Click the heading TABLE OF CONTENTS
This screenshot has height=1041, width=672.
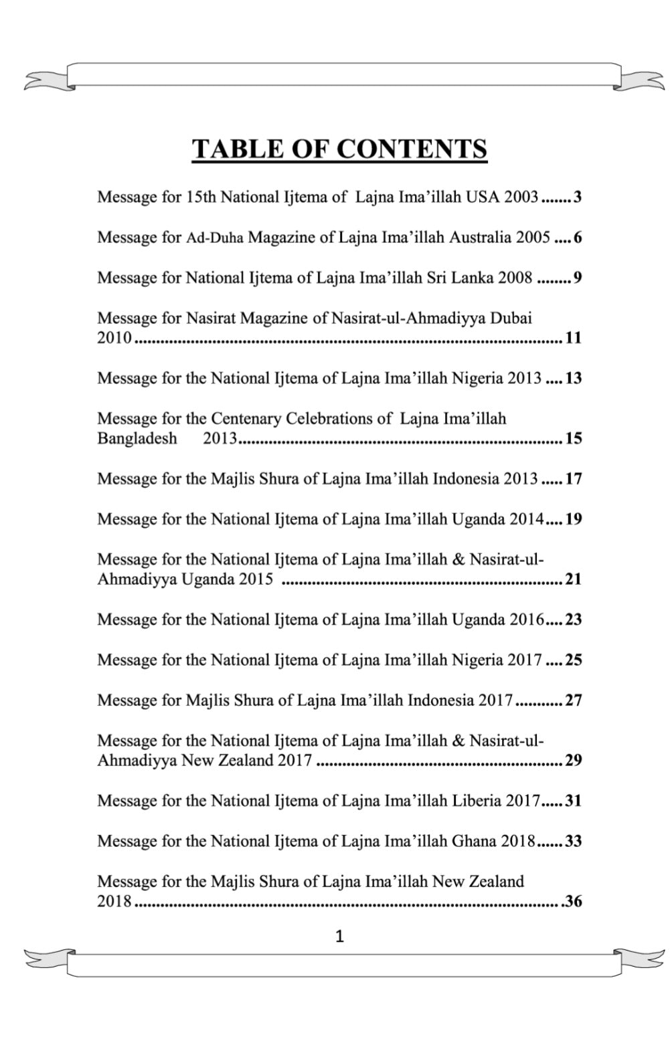click(x=339, y=149)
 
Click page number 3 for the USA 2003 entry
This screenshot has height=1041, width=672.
click(x=578, y=197)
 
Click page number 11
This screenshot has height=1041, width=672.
click(x=574, y=338)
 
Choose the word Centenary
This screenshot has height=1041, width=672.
click(x=246, y=419)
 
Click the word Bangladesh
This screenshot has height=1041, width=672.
click(x=137, y=439)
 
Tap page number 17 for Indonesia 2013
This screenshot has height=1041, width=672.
click(x=574, y=479)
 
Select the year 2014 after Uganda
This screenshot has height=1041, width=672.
click(x=526, y=519)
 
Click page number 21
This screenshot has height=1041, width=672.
click(x=574, y=579)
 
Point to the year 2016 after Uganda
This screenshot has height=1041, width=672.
click(x=527, y=620)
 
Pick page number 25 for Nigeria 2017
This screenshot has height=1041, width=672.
click(x=574, y=660)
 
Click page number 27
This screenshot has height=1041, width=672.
click(x=574, y=700)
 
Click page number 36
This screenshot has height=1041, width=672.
click(x=574, y=902)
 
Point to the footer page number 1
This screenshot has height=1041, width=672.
click(x=339, y=937)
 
